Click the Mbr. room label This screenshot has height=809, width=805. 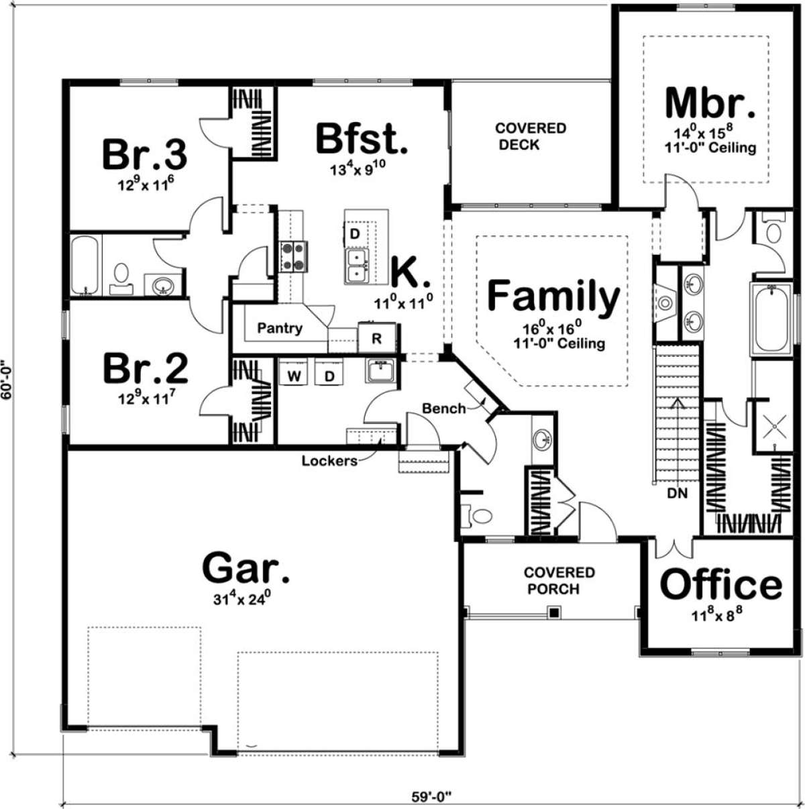pyautogui.click(x=710, y=103)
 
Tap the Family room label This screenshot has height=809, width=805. pyautogui.click(x=553, y=296)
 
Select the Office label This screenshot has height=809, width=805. pyautogui.click(x=721, y=584)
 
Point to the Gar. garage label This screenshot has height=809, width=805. pyautogui.click(x=246, y=568)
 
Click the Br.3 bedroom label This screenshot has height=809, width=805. pyautogui.click(x=144, y=154)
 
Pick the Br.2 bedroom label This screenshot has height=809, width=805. pyautogui.click(x=146, y=368)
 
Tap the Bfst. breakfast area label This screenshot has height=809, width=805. pyautogui.click(x=362, y=138)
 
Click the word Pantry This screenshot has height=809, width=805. pyautogui.click(x=280, y=328)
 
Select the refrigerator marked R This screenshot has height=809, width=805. pyautogui.click(x=377, y=338)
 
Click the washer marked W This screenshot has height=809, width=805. pyautogui.click(x=294, y=376)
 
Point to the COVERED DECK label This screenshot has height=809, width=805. pyautogui.click(x=531, y=136)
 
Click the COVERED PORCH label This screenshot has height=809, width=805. pyautogui.click(x=559, y=581)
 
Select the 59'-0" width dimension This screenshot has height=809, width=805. pyautogui.click(x=431, y=796)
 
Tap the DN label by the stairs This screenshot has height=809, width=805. pyautogui.click(x=678, y=493)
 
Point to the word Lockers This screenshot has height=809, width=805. pyautogui.click(x=329, y=461)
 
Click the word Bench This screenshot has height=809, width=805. pyautogui.click(x=444, y=408)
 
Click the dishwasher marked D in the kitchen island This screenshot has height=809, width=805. pyautogui.click(x=355, y=233)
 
